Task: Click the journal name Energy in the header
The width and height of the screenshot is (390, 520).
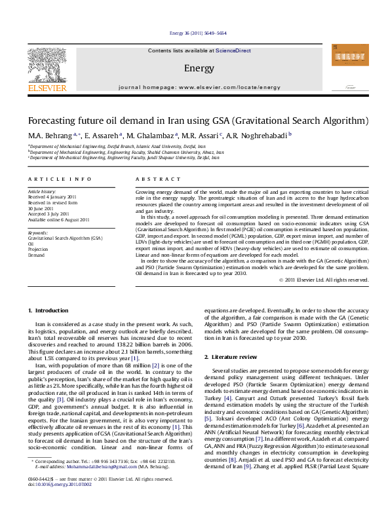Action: click(x=199, y=68)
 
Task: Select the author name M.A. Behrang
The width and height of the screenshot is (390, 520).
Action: click(x=45, y=135)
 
